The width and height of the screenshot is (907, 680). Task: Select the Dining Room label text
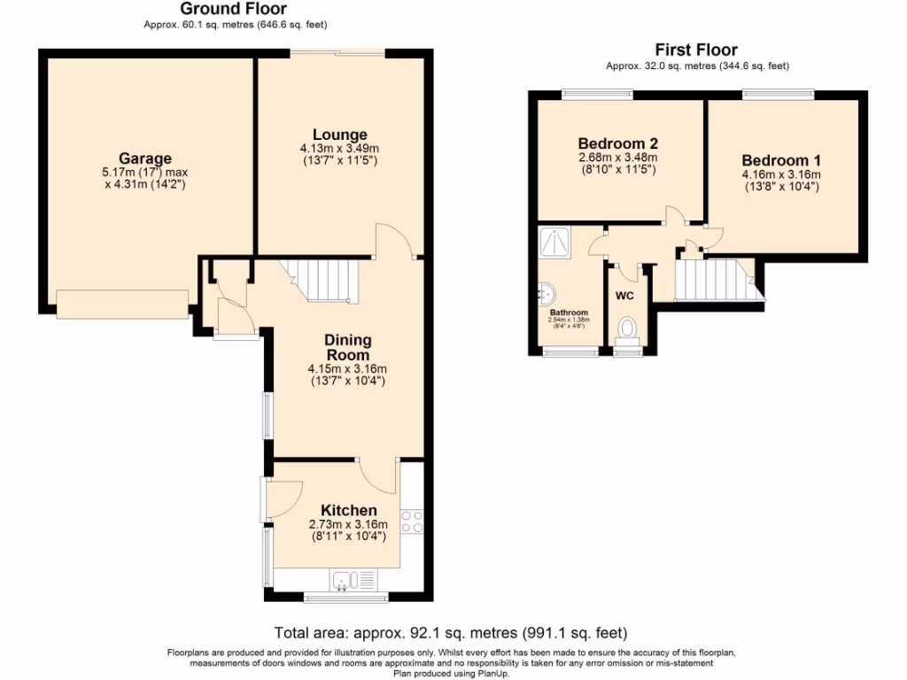tap(348, 347)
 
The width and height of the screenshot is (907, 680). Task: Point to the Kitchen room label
tap(348, 510)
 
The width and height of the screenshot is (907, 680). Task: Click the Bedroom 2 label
tap(617, 143)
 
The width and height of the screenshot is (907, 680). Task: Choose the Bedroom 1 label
tap(781, 160)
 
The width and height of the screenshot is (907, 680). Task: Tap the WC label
tap(625, 295)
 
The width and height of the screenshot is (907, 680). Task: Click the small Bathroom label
tap(568, 313)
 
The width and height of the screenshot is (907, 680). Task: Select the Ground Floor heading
tap(221, 10)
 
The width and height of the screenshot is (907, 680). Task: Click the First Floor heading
tap(696, 50)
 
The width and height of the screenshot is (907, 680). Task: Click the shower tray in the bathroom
tap(555, 240)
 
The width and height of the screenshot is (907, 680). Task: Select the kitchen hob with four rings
tap(412, 522)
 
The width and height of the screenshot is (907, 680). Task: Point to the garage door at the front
tap(123, 304)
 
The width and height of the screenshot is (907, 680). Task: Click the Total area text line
tap(452, 633)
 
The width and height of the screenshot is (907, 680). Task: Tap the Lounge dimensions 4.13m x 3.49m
tap(340, 149)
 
